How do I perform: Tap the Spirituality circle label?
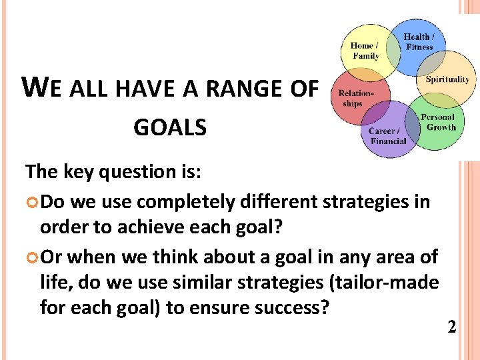(447, 79)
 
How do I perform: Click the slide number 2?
(451, 327)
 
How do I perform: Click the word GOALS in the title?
(170, 127)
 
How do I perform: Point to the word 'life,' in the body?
(56, 283)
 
